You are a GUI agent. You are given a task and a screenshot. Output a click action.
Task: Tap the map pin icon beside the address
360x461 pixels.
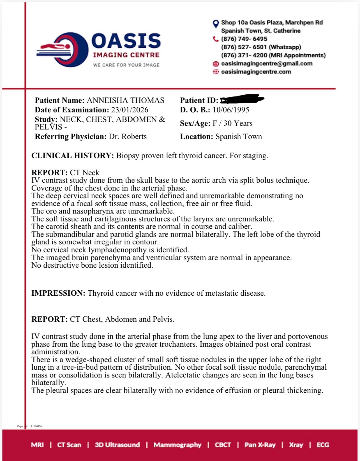[x=216, y=24]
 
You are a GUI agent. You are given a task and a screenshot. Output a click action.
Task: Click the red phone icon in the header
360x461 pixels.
[x=216, y=39]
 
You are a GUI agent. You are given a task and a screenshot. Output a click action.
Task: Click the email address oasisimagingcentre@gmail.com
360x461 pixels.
[x=267, y=64]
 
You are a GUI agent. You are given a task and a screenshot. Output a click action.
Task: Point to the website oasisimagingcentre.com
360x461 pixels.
[x=256, y=72]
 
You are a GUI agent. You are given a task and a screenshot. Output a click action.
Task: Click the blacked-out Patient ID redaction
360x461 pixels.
[x=242, y=99]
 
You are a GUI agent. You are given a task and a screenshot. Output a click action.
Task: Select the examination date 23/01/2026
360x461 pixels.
[x=130, y=110]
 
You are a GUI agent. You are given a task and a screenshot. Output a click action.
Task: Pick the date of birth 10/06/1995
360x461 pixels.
[x=231, y=110]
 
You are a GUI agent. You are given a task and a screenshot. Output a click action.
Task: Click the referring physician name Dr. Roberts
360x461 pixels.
[x=128, y=136]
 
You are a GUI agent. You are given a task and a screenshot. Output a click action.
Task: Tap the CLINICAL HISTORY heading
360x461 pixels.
[x=73, y=156]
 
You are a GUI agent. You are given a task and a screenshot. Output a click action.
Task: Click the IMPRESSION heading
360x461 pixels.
[x=58, y=293]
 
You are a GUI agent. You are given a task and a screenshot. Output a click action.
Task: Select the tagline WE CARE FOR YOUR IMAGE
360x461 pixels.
[x=126, y=65]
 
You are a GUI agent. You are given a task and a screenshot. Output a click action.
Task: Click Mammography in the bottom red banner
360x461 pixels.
[x=177, y=445]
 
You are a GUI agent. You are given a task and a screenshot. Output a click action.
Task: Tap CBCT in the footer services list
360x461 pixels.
[x=223, y=445]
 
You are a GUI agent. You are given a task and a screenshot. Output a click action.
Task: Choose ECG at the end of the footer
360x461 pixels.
[x=323, y=445]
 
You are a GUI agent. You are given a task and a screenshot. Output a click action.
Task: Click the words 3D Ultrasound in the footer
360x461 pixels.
[x=117, y=445]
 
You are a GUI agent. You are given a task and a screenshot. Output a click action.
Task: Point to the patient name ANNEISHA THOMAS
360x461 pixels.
[x=125, y=100]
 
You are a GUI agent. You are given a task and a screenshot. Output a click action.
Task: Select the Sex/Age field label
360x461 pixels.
[x=195, y=123]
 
